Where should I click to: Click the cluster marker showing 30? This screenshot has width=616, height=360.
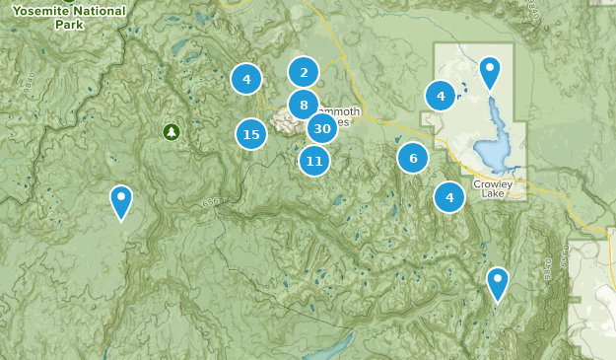tap(320, 129)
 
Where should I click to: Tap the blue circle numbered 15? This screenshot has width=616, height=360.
tap(251, 134)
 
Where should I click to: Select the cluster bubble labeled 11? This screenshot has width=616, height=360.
tap(314, 160)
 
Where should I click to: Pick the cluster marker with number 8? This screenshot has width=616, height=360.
tap(304, 105)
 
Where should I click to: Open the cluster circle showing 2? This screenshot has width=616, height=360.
tap(304, 71)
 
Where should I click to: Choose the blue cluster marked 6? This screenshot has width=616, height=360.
tap(413, 157)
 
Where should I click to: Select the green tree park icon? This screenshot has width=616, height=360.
tap(171, 130)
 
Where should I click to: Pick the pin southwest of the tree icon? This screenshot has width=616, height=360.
tap(121, 201)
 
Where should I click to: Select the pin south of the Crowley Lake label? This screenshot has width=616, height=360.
tap(498, 283)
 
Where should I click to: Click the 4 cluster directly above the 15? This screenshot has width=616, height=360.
tap(246, 78)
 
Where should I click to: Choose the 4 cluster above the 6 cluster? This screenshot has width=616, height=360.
tap(440, 96)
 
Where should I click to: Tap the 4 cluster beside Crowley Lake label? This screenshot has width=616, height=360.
tap(449, 197)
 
